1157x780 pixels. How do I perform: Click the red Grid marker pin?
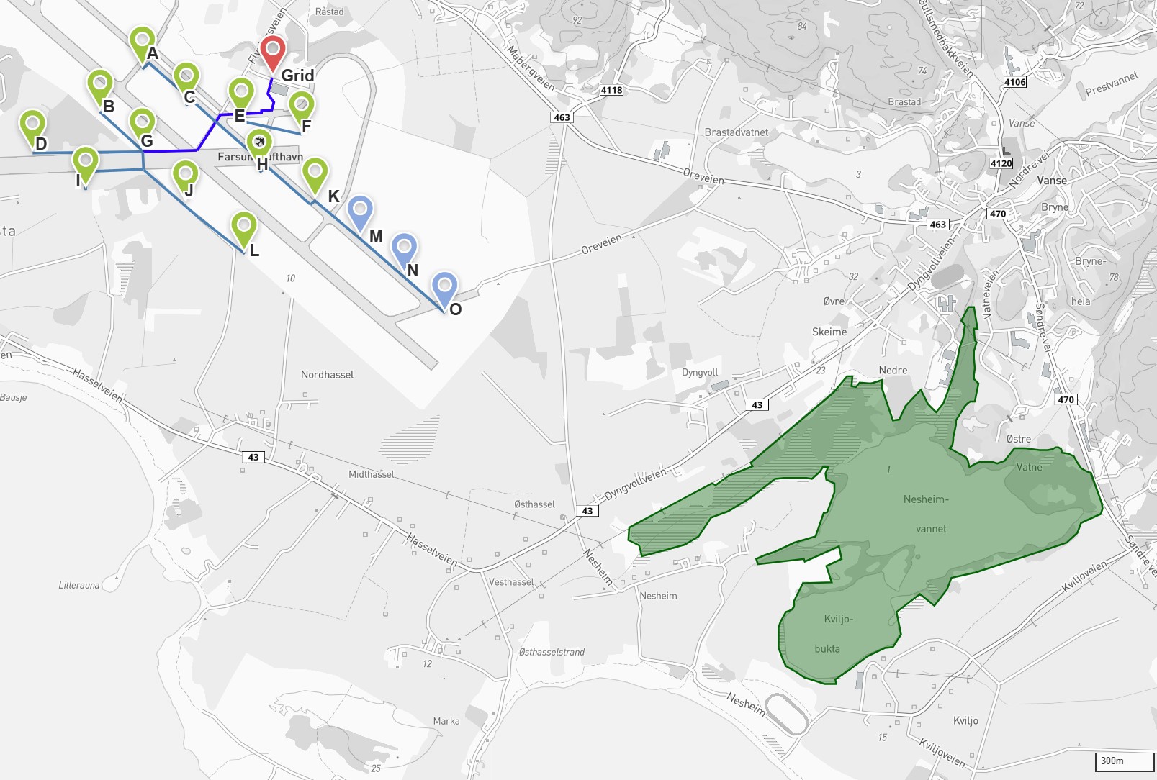point(273,50)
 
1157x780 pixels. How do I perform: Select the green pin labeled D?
point(32,124)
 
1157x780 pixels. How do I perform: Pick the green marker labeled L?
point(244,227)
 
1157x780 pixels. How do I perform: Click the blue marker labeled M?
point(359,210)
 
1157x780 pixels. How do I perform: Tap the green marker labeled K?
point(315,173)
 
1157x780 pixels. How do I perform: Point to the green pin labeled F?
point(302,105)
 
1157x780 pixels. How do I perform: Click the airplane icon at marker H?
point(259,142)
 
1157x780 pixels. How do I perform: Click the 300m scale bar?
point(1123,761)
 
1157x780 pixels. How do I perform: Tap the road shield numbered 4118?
point(611,90)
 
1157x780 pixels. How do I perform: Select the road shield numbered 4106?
point(1014,82)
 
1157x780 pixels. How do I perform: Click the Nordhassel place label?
point(327,375)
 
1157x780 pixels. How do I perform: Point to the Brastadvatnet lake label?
point(736,132)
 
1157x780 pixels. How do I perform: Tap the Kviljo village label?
point(965,720)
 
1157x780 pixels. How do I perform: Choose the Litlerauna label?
point(79,585)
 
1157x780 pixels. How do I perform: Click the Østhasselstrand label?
point(552,652)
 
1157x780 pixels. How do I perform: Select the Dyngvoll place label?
point(700,373)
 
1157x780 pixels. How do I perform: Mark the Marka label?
point(446,721)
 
